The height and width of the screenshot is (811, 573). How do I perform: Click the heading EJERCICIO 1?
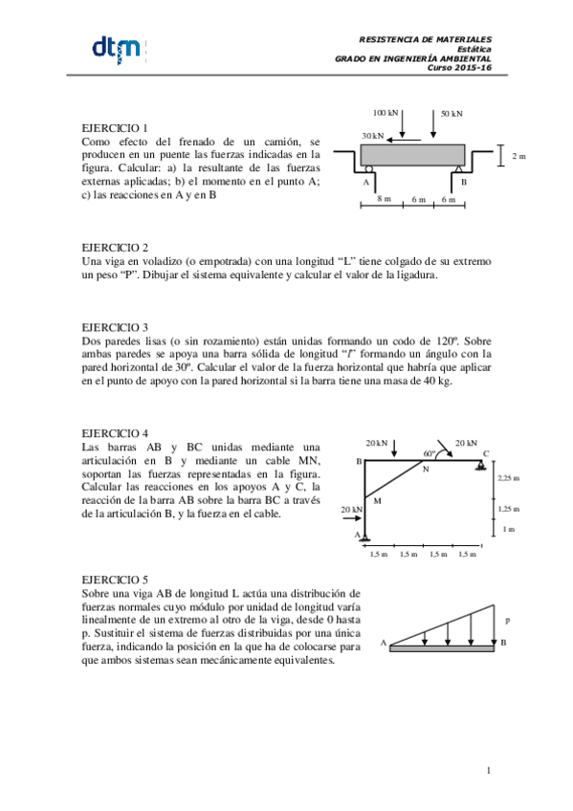point(115,127)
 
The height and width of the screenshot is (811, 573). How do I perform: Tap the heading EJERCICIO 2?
point(115,247)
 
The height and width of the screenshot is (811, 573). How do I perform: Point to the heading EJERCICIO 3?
point(115,326)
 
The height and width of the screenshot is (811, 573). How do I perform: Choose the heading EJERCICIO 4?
point(115,433)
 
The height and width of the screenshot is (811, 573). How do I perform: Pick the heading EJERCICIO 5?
point(115,579)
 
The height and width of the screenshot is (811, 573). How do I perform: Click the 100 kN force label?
point(386,113)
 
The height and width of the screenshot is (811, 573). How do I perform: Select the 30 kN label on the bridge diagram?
point(373,136)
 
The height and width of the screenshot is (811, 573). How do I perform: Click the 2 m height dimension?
point(518,155)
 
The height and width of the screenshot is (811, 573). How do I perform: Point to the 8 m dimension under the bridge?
point(384,199)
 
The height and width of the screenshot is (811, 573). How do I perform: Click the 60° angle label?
point(429,453)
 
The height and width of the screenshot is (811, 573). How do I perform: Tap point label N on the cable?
point(425,469)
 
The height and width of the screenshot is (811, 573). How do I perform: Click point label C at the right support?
point(486,453)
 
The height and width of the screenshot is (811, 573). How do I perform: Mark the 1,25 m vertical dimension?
point(509,510)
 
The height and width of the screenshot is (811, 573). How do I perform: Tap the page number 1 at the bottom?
point(488,770)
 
